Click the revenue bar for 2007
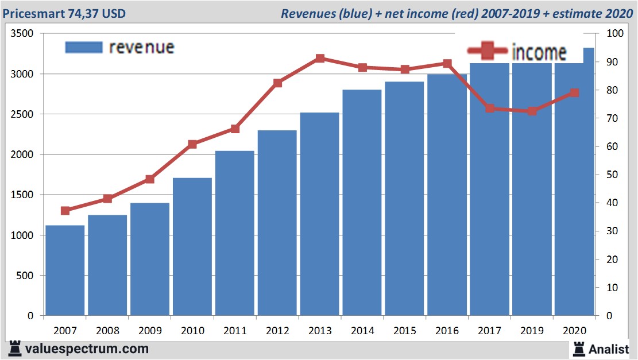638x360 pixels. tap(65, 270)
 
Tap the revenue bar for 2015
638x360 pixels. tap(404, 199)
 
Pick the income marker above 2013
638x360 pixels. tap(320, 58)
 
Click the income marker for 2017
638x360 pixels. tap(490, 108)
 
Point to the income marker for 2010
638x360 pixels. tap(192, 144)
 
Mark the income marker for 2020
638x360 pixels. tap(574, 92)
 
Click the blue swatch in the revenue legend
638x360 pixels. tap(84, 47)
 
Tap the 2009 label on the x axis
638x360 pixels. tap(150, 331)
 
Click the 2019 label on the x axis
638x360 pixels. tap(532, 331)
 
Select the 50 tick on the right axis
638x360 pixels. tap(606, 175)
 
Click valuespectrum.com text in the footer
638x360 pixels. tap(87, 349)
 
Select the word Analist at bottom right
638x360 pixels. tap(609, 349)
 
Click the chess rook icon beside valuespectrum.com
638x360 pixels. tap(15, 349)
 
